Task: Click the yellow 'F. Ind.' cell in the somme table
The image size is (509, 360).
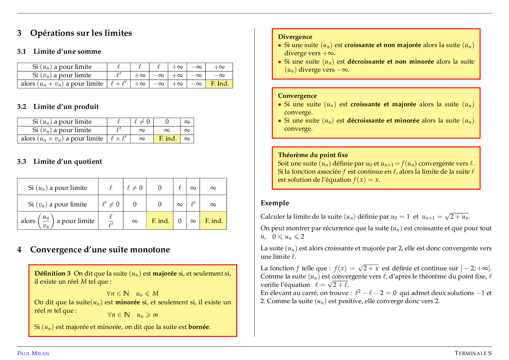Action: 219,84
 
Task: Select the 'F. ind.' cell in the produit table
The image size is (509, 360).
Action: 167,139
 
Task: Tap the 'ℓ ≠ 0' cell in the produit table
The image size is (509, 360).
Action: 142,122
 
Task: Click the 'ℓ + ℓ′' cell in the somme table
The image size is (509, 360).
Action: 119,84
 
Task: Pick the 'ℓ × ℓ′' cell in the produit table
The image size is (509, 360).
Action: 119,139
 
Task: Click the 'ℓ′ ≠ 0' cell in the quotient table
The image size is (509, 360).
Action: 111,204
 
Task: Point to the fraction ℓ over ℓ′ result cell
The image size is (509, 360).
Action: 111,221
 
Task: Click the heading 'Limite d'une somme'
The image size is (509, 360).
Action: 67,52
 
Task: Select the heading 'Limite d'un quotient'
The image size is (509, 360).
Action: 67,162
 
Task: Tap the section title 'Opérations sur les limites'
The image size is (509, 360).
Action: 81,33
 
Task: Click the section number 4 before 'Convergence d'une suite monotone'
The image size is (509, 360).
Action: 19,250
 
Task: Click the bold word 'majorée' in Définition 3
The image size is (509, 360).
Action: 165,273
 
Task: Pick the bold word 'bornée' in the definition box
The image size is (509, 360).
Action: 198,327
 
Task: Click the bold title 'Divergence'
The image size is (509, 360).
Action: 295,37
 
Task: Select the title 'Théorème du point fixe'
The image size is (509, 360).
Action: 313,155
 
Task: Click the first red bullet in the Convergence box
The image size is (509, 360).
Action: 280,105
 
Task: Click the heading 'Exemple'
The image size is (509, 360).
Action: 275,203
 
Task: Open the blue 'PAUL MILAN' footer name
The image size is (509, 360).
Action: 33,353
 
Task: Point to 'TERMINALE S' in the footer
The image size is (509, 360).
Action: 473,353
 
